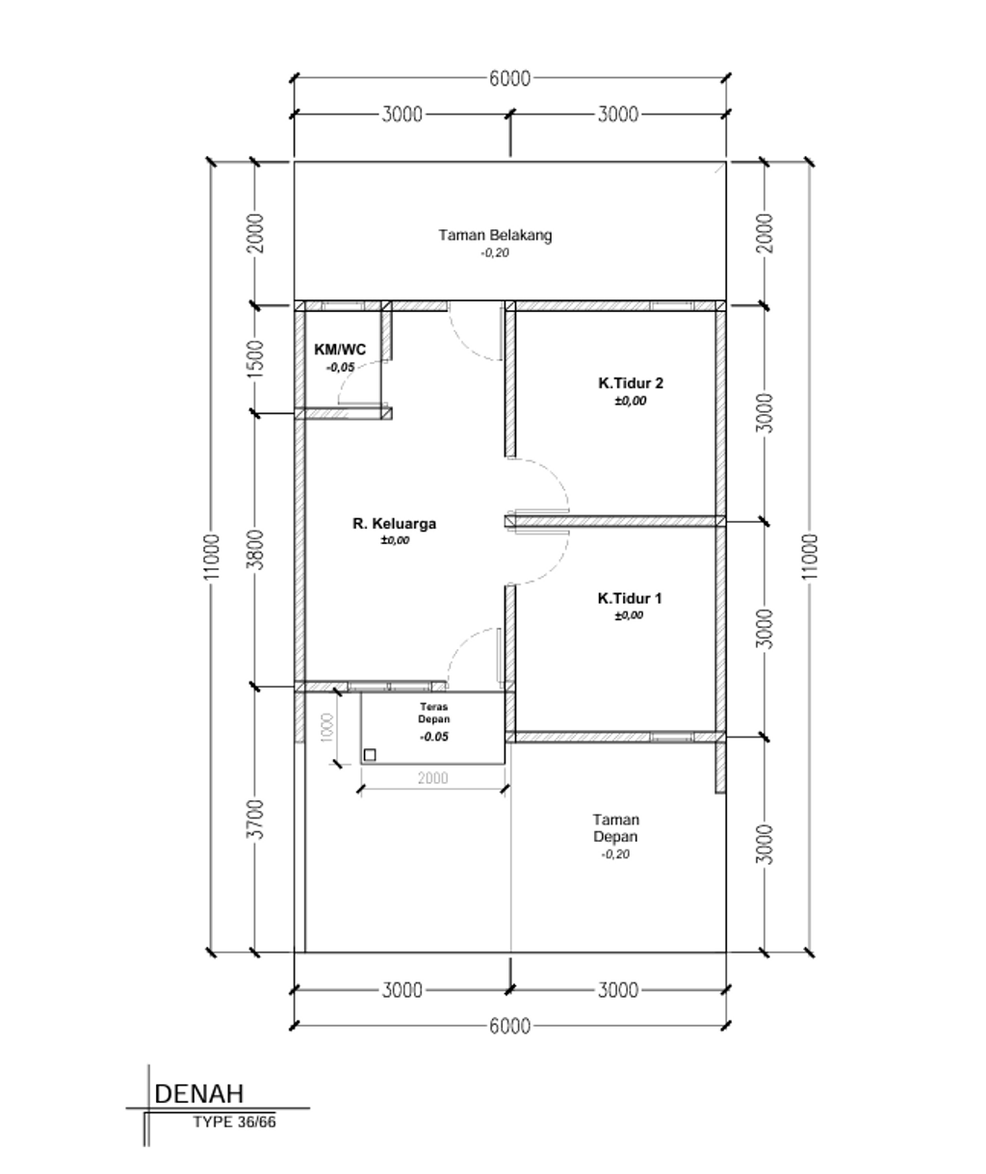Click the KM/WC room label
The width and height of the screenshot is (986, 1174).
(340, 350)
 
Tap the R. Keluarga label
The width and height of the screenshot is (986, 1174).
(394, 524)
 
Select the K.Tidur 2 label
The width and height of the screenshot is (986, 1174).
(630, 383)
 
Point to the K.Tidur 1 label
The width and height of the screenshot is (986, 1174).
(630, 598)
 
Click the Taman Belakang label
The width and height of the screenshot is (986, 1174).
(495, 234)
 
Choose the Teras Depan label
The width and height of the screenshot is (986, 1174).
(433, 713)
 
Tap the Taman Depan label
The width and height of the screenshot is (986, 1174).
(615, 827)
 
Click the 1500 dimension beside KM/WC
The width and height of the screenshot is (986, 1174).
(255, 358)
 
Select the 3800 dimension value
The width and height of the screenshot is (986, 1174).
(255, 549)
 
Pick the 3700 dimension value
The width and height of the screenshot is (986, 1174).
(255, 819)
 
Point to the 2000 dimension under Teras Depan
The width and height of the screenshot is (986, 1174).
(433, 778)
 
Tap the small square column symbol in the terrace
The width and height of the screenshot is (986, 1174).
(370, 754)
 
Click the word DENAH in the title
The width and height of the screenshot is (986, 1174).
(199, 1094)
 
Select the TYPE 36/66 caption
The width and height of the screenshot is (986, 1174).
(234, 1122)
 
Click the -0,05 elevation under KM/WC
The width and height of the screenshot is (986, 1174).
(341, 367)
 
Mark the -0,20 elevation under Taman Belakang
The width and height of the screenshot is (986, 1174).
(495, 252)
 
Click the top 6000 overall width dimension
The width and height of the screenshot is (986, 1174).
(509, 79)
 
